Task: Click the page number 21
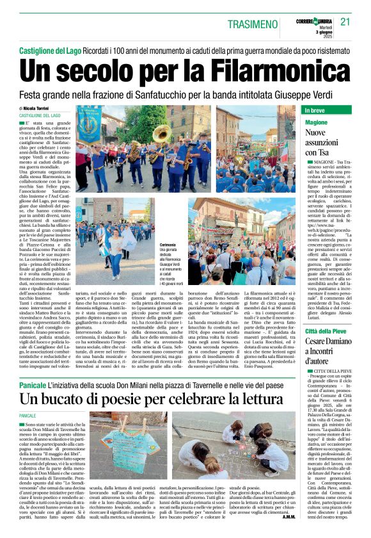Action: [x=345, y=21]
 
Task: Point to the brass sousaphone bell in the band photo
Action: [x=161, y=134]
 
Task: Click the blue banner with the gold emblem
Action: [x=89, y=124]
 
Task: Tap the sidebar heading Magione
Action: [x=316, y=122]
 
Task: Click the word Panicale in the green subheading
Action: [x=33, y=386]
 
